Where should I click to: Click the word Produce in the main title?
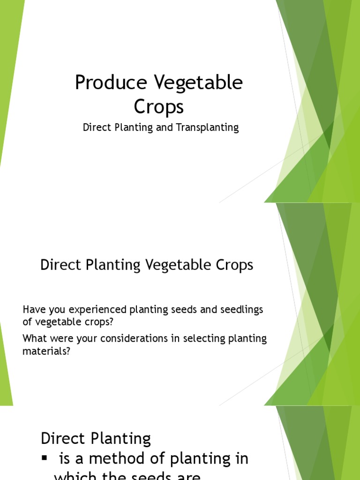click(111, 83)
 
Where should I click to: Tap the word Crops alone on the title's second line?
click(159, 107)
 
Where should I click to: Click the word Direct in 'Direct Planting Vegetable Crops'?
click(60, 265)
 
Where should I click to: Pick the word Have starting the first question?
click(32, 310)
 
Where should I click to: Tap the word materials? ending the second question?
click(46, 351)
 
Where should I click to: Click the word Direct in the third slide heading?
click(61, 439)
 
